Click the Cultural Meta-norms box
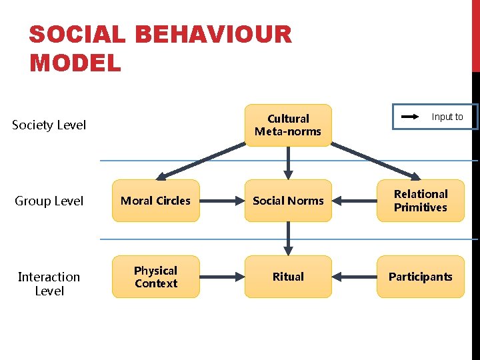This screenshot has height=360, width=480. [288, 125]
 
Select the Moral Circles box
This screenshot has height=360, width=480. [155, 201]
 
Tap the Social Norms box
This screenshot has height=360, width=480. [288, 201]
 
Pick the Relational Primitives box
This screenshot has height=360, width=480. [420, 201]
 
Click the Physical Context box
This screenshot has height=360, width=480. [155, 277]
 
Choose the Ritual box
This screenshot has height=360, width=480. [288, 277]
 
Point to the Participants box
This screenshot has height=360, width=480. [420, 277]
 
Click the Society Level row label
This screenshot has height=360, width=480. [49, 125]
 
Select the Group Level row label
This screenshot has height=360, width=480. [49, 201]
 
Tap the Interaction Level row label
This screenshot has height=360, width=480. [49, 283]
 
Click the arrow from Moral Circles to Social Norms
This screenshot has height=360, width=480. [222, 201]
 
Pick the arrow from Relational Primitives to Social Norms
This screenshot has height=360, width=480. [354, 201]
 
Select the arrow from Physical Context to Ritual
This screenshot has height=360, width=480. [222, 277]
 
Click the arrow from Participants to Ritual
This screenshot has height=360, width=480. [354, 277]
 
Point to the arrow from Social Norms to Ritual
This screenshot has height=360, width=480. [288, 238]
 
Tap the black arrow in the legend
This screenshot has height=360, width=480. [409, 117]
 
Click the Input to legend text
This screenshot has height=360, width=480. [447, 117]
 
